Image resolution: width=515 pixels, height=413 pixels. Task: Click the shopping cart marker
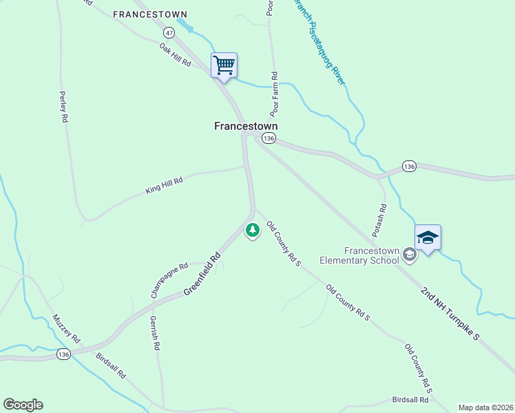pyautogui.click(x=224, y=66)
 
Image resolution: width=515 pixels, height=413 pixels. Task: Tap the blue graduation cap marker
pyautogui.click(x=428, y=238)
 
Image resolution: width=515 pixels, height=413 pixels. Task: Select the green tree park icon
pyautogui.click(x=253, y=230)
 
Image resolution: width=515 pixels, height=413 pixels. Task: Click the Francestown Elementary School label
pyautogui.click(x=359, y=255)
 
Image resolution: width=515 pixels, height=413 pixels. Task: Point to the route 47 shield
pyautogui.click(x=169, y=32)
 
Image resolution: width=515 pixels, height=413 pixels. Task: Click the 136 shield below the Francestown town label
pyautogui.click(x=269, y=138)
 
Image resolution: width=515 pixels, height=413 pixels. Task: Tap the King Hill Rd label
pyautogui.click(x=164, y=185)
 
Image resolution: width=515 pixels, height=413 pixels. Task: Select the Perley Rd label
pyautogui.click(x=63, y=107)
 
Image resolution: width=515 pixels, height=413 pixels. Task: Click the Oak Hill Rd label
pyautogui.click(x=175, y=54)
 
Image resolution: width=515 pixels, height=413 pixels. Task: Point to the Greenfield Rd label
pyautogui.click(x=202, y=275)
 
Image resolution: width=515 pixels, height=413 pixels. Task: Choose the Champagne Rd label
pyautogui.click(x=169, y=280)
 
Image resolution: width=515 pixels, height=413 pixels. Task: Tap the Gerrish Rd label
pyautogui.click(x=155, y=333)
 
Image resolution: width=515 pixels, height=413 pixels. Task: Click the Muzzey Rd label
pyautogui.click(x=67, y=329)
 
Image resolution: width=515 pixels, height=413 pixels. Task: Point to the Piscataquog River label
pyautogui.click(x=320, y=43)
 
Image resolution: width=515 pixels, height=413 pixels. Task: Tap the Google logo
pyautogui.click(x=23, y=405)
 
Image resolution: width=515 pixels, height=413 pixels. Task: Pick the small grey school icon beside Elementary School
pyautogui.click(x=410, y=255)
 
